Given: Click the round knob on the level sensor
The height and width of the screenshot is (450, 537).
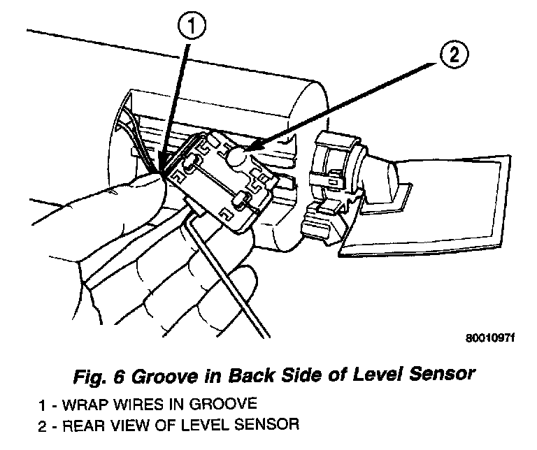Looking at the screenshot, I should point(237,159).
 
